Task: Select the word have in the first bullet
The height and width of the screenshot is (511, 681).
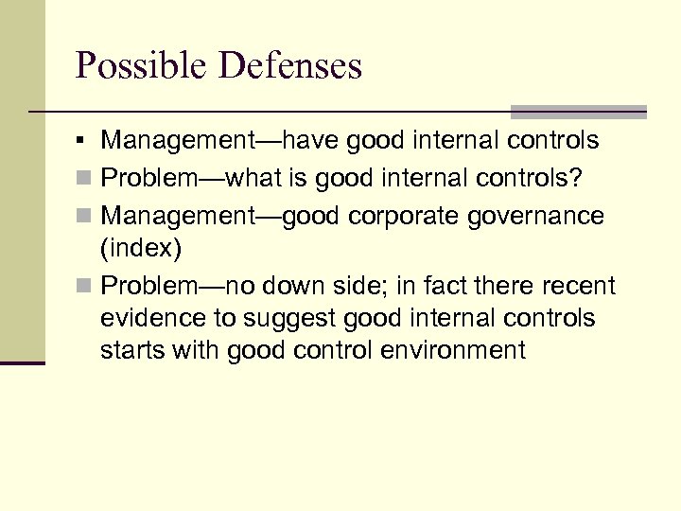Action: [308, 141]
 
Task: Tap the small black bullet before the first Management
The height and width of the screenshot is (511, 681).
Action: [85, 142]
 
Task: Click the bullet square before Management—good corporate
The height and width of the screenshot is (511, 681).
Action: [85, 217]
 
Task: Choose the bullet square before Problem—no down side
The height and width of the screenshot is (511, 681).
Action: [85, 286]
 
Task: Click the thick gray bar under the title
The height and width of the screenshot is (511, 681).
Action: [578, 111]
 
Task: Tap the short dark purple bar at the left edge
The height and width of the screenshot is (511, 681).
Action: [23, 361]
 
